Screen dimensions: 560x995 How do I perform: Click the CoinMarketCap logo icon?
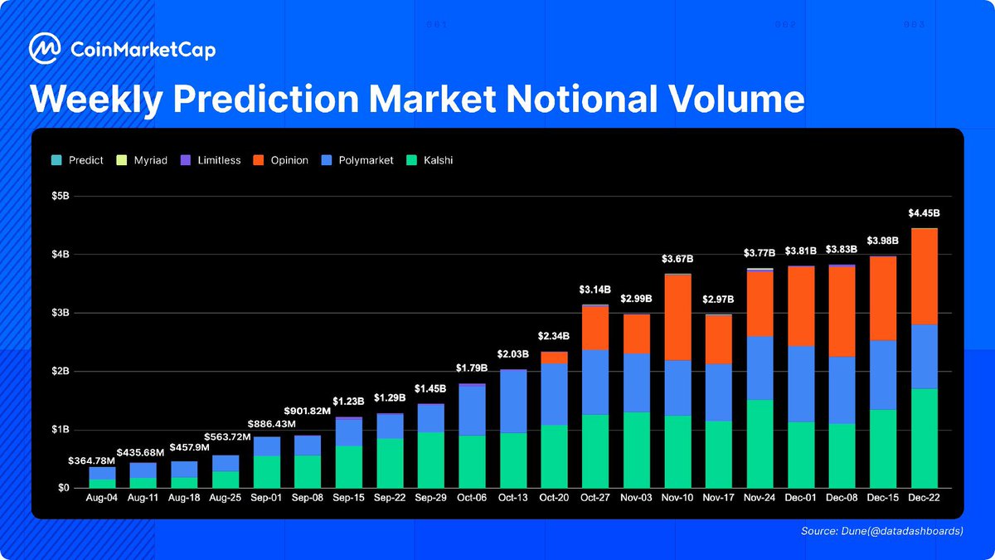(x=44, y=49)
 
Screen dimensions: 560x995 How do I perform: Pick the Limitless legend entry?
(x=212, y=160)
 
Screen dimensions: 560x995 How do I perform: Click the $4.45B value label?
(x=924, y=213)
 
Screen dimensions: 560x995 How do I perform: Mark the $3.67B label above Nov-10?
(x=677, y=259)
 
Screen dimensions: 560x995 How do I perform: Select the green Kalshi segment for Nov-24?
(x=760, y=444)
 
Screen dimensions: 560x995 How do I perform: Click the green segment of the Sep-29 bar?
(x=430, y=460)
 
